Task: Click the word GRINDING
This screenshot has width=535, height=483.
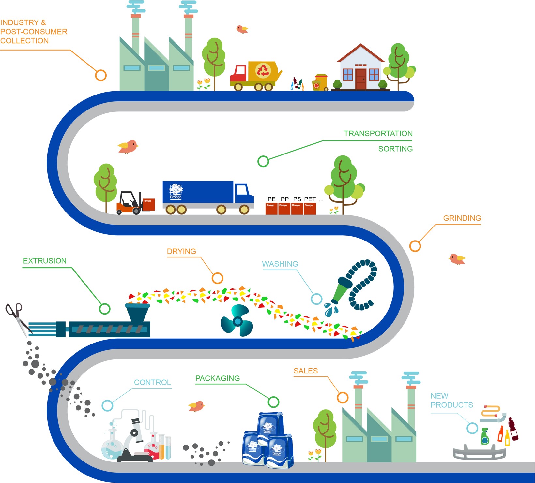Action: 462,218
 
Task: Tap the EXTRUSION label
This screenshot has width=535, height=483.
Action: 45,261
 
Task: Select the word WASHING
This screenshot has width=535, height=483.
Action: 280,264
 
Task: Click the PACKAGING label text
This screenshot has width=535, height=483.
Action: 218,378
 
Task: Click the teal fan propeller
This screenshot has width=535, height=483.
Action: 237,321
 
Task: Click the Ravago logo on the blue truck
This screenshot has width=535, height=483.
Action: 176,192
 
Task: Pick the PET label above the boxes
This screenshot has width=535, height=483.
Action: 310,199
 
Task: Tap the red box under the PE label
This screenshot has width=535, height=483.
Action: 271,209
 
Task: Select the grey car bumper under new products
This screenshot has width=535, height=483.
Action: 479,453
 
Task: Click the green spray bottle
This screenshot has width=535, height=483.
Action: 485,437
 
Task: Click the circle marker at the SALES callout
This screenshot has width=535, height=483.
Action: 343,398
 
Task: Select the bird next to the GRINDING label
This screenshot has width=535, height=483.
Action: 457,259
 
